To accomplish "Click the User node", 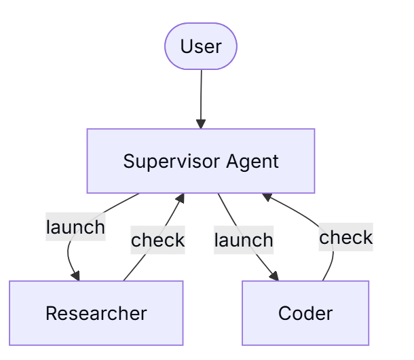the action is tap(201, 46).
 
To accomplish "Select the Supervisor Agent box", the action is tap(201, 161).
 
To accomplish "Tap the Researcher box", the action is tap(96, 313).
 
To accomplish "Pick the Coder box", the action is tap(305, 313).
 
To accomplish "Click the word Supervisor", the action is tap(172, 161).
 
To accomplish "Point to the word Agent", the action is tap(252, 161).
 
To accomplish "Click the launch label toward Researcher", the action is tap(75, 227).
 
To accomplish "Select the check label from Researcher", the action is tap(158, 240).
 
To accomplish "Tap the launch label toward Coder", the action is tap(244, 240).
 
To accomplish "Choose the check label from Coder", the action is tap(346, 237).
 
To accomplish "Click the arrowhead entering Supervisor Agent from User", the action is tap(201, 124).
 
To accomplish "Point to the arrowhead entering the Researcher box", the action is tap(76, 276).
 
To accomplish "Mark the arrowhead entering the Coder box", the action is tap(275, 276).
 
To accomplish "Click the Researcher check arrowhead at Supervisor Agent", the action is tap(181, 198).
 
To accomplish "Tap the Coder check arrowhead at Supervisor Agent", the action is tap(267, 197).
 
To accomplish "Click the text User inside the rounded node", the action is tap(201, 46).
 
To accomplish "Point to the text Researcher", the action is tap(96, 313).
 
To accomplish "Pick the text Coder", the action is tap(305, 313).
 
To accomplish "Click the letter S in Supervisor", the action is tap(129, 161).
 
